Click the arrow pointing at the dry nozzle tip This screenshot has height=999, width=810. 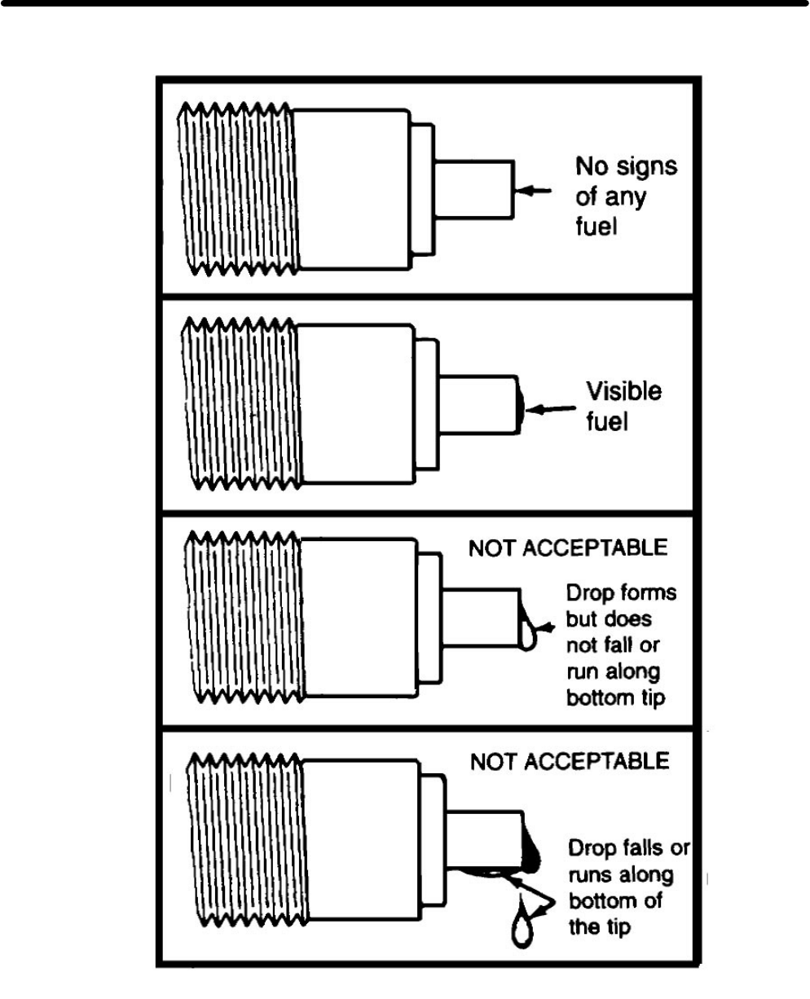click(530, 189)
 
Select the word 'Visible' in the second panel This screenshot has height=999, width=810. click(625, 392)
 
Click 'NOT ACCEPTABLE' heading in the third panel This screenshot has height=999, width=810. click(567, 548)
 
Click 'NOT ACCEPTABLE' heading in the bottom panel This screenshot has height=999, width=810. click(570, 762)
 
